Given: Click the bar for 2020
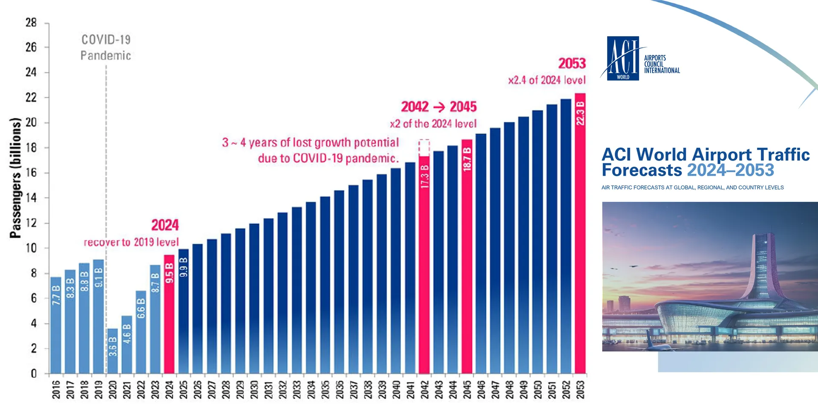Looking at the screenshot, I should (112, 351).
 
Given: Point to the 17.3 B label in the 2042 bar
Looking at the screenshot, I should (424, 176).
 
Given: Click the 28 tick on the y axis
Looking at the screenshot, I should (31, 23).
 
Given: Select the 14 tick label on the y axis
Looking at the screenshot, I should (31, 198).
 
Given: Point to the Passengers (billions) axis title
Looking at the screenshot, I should (15, 178).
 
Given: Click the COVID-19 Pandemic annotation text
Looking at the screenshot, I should (106, 47).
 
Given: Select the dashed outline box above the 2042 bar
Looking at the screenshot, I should (424, 147).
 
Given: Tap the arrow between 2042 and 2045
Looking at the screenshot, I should (439, 107).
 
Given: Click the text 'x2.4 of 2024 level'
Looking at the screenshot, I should (547, 80).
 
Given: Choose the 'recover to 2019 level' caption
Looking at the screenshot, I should (131, 242).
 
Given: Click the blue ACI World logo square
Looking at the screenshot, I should (623, 58).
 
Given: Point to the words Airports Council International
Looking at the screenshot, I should (662, 64).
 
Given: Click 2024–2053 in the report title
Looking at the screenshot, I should (730, 170).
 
